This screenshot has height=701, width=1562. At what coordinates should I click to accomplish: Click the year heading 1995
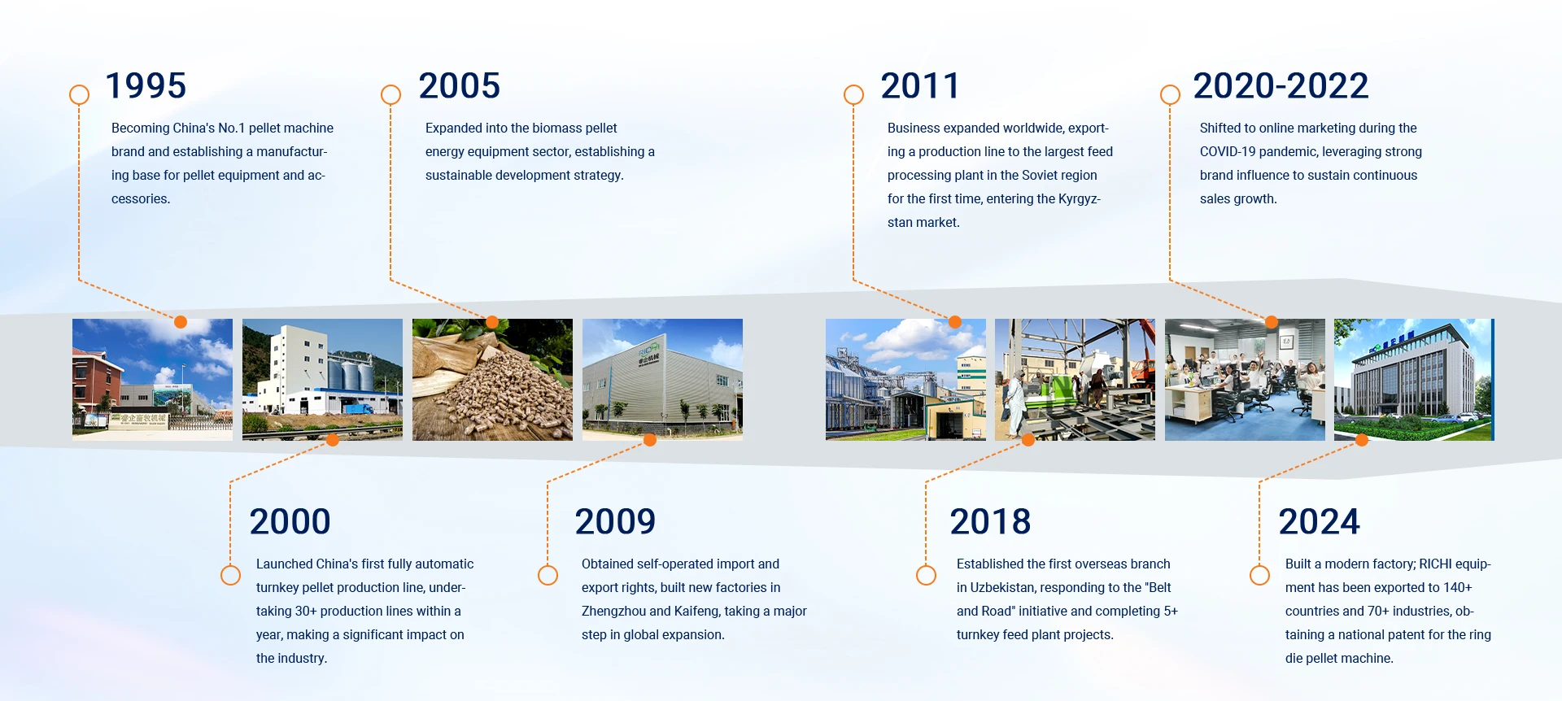(146, 86)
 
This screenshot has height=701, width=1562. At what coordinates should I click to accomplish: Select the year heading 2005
(460, 86)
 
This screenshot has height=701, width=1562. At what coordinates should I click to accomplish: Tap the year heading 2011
(920, 86)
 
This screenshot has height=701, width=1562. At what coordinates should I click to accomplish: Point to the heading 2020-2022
(1281, 86)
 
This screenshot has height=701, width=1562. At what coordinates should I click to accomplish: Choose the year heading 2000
(290, 522)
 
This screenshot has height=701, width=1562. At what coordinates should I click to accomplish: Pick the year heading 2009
(616, 522)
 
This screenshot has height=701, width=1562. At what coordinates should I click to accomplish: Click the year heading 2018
(991, 522)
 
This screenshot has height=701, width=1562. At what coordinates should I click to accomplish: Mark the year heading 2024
(1320, 522)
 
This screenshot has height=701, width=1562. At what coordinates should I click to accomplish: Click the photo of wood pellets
(492, 380)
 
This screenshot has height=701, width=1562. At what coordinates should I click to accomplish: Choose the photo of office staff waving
(1245, 380)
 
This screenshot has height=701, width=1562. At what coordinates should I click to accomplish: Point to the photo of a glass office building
(1414, 380)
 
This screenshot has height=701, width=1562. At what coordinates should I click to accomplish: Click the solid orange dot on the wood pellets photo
(492, 322)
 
